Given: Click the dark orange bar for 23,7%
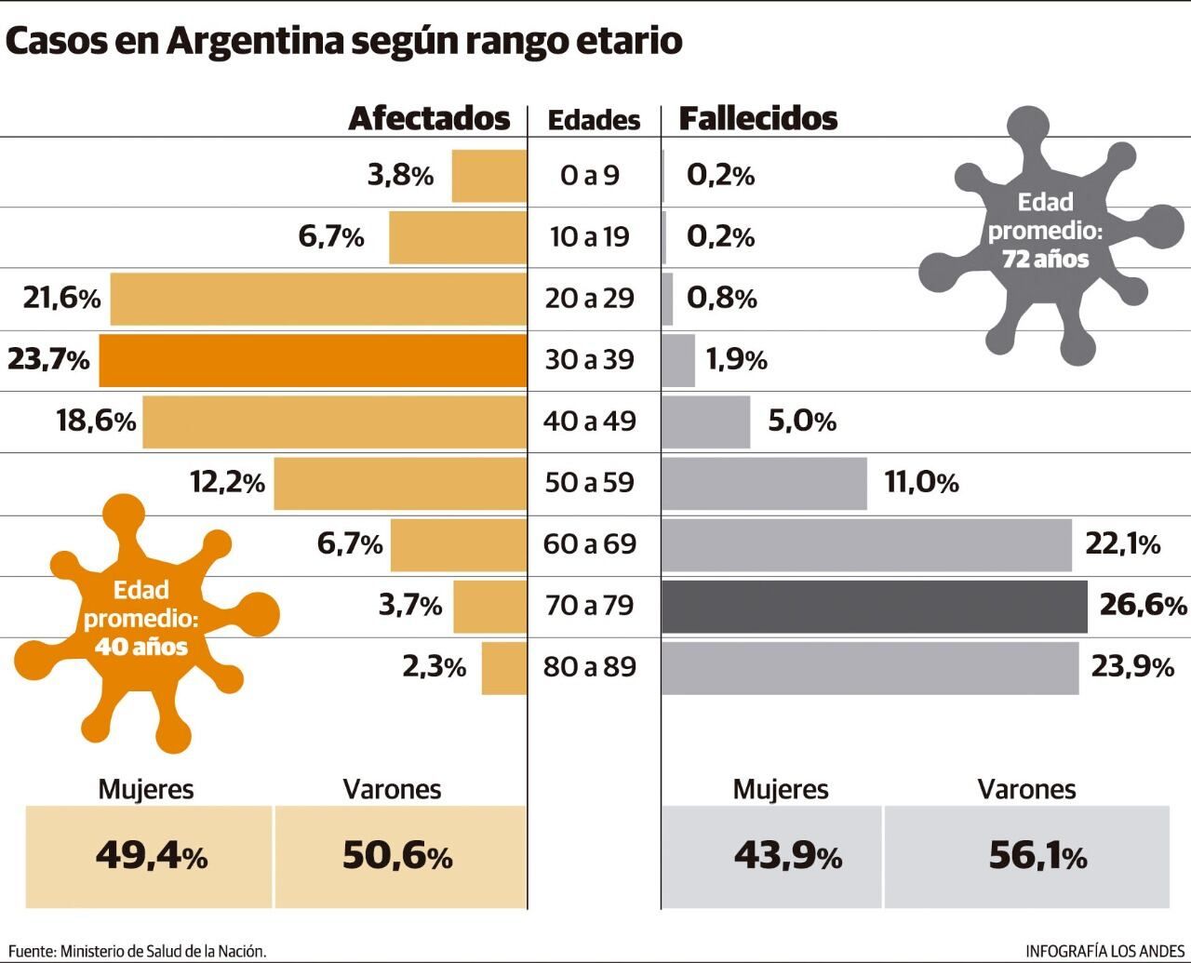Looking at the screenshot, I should coord(313,360).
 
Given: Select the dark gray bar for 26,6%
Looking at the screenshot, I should coord(874,606).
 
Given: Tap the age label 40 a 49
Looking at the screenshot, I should coord(590,421).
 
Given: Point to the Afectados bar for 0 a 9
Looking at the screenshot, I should coord(489,176).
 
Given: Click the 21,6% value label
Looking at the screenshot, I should coord(61,299).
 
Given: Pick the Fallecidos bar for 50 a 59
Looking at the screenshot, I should coord(764,483).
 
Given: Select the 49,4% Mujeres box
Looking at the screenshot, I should coord(150,856).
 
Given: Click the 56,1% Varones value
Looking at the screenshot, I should coord(1037,856).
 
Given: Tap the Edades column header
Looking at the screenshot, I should coord(594,120).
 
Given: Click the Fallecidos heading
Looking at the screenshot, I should coord(757,118).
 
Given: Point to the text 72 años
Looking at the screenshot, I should coord(1045,259).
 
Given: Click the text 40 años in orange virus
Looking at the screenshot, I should coord(141,646).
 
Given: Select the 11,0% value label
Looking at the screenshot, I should coord(921,483).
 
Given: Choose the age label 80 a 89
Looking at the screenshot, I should coord(590,666).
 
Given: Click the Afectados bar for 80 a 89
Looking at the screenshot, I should coord(504,667).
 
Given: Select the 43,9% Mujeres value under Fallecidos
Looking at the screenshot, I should coord(787,856).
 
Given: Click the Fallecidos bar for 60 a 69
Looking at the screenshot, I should coord(866,544).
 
